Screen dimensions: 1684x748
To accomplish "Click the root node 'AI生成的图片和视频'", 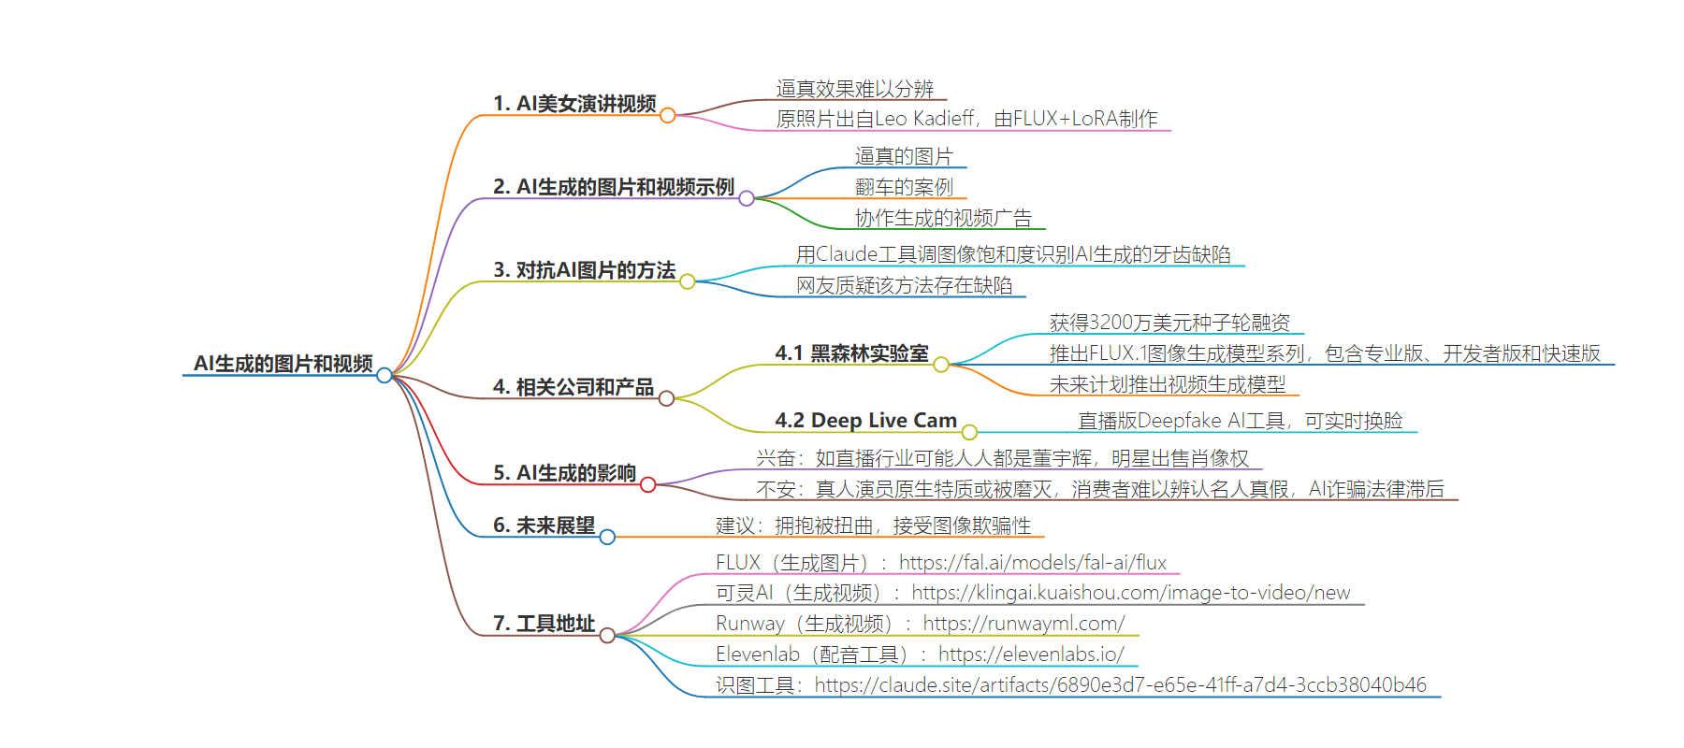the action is pos(283,364).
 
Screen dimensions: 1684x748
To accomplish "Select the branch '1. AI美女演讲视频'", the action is pos(574,104).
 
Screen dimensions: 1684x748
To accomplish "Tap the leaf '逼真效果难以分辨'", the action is pos(855,89).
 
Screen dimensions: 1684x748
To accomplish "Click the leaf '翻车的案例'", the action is pos(904,187).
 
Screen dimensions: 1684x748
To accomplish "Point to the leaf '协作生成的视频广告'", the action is pos(943,218).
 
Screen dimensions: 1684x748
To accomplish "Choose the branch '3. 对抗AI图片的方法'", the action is pos(584,270).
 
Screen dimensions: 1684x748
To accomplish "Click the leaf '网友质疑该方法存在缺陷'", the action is pos(905,285).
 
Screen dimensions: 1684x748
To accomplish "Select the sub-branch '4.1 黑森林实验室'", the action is pos(851,353).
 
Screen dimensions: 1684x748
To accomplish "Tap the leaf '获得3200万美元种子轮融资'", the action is pos(1169,323).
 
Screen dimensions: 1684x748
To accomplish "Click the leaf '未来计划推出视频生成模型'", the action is pos(1168,384).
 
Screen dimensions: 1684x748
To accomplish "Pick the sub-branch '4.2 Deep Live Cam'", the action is pos(865,421).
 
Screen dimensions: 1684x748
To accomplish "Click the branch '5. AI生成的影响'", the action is pos(564,473).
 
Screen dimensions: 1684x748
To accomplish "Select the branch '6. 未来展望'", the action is pos(544,525).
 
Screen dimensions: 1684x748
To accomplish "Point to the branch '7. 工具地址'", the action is pos(544,624).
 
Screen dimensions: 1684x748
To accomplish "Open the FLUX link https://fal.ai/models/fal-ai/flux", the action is pos(1033,563).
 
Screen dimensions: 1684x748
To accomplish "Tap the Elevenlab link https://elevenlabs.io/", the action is pos(1031,654).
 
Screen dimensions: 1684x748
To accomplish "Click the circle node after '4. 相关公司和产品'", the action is pos(666,398).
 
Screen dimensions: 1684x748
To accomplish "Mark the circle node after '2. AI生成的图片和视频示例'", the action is pos(747,198).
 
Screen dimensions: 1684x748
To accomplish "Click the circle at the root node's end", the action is pos(384,375).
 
